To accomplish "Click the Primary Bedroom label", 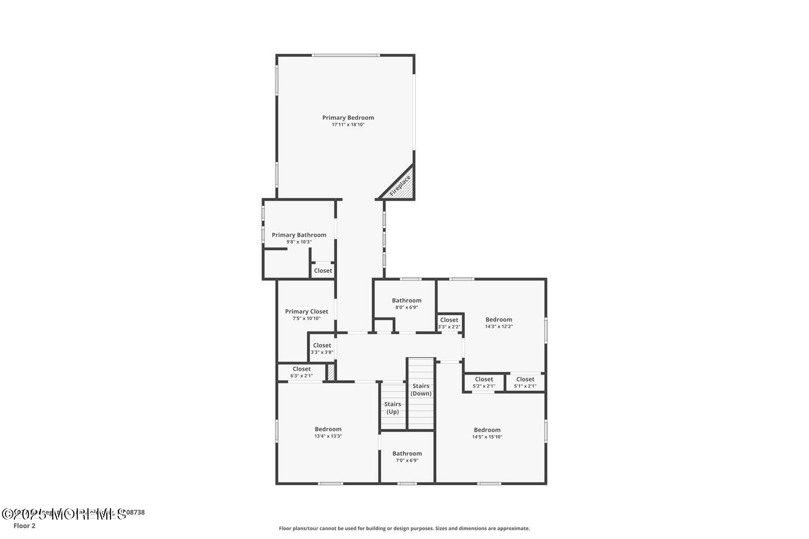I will point(348,118).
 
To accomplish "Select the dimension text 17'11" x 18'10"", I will point(348,125).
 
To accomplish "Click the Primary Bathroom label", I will point(299,235).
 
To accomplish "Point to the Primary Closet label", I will point(306,312).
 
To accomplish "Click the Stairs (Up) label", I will point(393,407).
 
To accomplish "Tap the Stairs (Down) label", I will point(421,389).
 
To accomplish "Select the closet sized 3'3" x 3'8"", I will point(322,348).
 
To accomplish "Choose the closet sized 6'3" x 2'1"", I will point(301,372).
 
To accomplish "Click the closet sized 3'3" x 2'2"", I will point(449,323).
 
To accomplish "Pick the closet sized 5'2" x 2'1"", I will point(484,382).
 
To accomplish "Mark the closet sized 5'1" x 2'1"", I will point(525,382).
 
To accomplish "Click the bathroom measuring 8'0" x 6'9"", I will point(407,303).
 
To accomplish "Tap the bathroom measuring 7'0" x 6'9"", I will point(407,457).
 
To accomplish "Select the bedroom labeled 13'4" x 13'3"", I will point(328,432).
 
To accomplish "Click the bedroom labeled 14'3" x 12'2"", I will point(498,322).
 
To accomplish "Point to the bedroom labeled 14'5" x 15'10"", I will point(487,433).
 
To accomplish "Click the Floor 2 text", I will point(24,526).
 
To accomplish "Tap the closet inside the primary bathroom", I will point(323,271).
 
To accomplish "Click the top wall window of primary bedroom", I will point(345,55).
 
